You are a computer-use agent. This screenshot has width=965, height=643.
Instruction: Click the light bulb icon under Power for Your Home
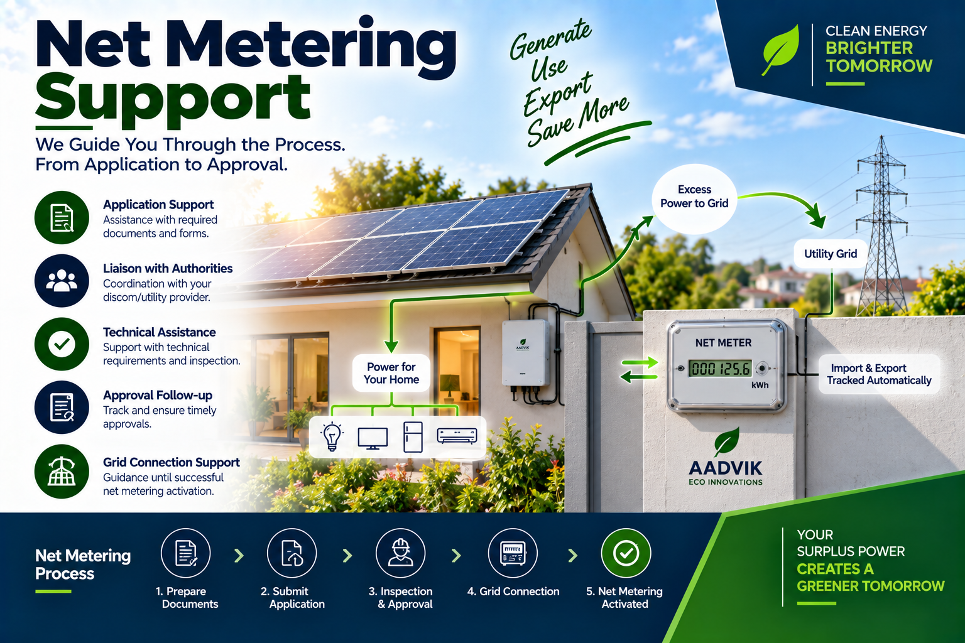[332, 436]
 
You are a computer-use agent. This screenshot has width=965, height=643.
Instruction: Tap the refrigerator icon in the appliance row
[413, 436]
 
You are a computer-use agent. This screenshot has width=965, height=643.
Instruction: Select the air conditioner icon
[457, 435]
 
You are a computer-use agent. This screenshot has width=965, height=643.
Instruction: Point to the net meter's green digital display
[720, 369]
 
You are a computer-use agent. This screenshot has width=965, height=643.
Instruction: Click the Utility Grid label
[830, 254]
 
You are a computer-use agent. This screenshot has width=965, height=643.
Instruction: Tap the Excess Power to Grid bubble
[694, 197]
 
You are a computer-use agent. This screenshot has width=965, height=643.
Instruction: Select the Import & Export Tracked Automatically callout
[879, 374]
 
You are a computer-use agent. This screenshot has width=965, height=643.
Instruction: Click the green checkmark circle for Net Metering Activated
[626, 553]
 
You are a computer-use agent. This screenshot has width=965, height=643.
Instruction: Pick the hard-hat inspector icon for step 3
[401, 553]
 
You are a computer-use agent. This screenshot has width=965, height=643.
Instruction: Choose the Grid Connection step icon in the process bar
[513, 553]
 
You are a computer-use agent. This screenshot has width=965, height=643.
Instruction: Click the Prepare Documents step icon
[186, 553]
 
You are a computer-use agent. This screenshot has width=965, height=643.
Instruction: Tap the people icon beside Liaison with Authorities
[62, 281]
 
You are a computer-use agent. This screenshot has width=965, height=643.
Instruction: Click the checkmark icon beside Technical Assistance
[62, 344]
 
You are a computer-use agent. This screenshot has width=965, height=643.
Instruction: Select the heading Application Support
[158, 205]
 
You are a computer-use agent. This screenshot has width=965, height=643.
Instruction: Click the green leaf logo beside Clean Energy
[780, 50]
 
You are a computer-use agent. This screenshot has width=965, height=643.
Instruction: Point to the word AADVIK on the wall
[726, 468]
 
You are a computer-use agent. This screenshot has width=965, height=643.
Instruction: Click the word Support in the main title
[173, 99]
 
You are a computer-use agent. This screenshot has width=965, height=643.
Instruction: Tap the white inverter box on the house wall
[526, 353]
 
